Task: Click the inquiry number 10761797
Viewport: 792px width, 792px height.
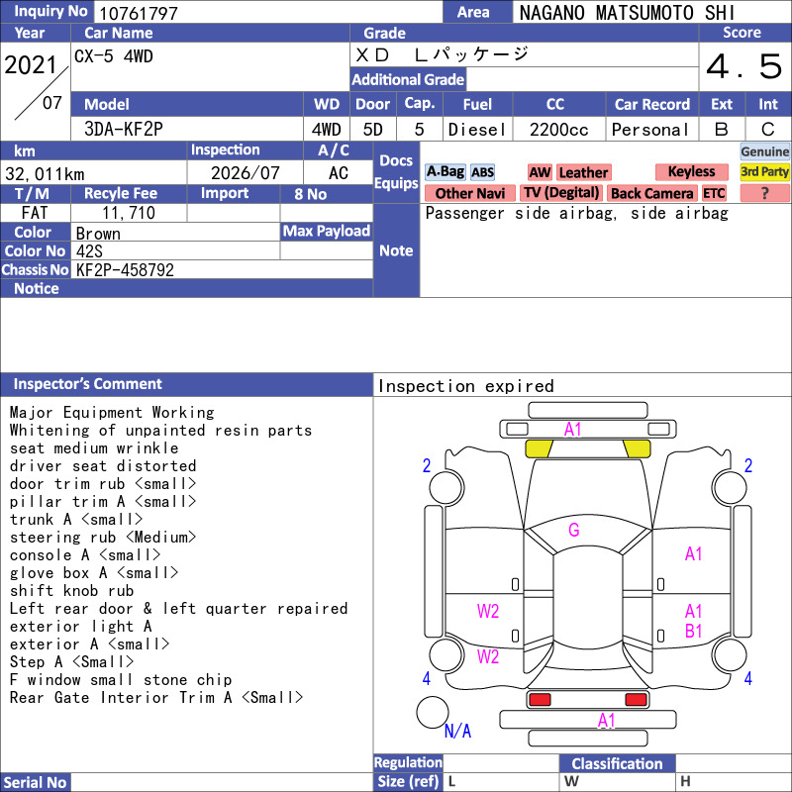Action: [139, 13]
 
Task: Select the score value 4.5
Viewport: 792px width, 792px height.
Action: [744, 66]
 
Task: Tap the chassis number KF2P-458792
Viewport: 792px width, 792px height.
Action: [125, 270]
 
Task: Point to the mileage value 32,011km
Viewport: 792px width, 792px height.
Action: [45, 174]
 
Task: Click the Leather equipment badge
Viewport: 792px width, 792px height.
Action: [583, 172]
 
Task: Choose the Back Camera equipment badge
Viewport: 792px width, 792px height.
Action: [651, 193]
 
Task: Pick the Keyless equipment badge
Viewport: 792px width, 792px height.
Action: [691, 171]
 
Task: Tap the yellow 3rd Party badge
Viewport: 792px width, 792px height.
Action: [764, 171]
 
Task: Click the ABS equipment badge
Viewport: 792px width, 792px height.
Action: [482, 172]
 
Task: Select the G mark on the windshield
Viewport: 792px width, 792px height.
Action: [574, 530]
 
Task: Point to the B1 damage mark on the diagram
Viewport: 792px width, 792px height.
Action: [694, 632]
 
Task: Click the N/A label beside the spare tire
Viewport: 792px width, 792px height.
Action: [457, 731]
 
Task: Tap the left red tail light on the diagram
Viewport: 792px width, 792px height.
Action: [540, 700]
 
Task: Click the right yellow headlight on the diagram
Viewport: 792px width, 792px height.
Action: [637, 448]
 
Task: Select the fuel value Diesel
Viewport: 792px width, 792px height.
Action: [477, 130]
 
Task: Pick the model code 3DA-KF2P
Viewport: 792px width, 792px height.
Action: [124, 130]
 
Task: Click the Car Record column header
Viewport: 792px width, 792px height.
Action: [651, 105]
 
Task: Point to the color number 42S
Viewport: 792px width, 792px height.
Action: [89, 251]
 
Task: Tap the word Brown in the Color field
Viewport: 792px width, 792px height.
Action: [98, 234]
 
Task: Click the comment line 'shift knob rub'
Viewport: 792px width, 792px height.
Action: [71, 591]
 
